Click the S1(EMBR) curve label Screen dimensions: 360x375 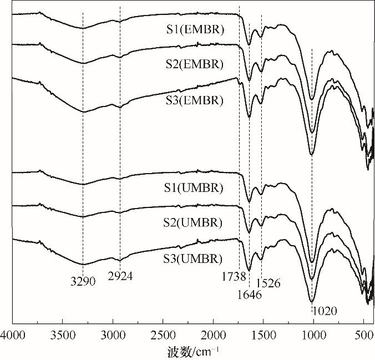tap(195, 30)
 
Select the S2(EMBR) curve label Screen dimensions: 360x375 tap(195, 65)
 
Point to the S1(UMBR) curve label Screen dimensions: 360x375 tap(195, 187)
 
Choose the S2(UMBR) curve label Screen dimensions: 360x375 tap(195, 223)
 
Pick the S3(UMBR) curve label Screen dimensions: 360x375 tap(195, 258)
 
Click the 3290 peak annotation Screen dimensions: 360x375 tap(83, 282)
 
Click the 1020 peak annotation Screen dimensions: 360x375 tap(325, 311)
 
